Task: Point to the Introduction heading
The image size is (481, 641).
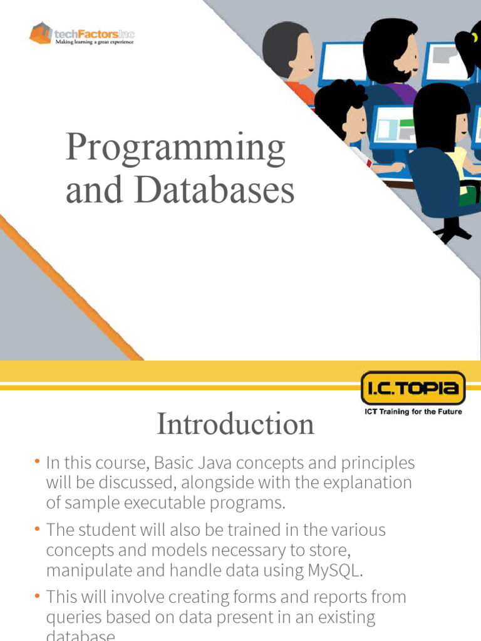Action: pos(235,424)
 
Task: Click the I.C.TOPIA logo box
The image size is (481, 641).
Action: pos(413,389)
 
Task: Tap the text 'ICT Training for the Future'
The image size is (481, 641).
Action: pos(413,412)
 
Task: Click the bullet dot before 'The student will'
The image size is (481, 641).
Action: pos(38,530)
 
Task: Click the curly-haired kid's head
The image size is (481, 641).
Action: pos(341,110)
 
